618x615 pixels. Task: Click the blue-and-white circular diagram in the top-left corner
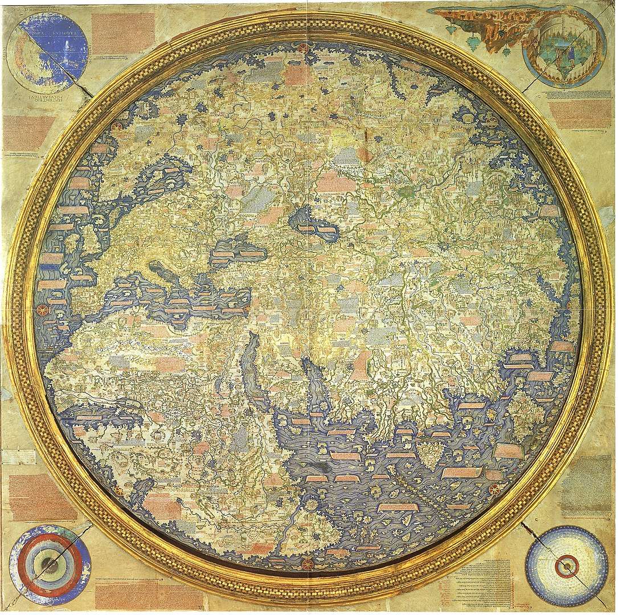pyautogui.click(x=52, y=55)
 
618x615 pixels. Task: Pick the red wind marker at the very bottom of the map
pyautogui.click(x=308, y=564)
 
